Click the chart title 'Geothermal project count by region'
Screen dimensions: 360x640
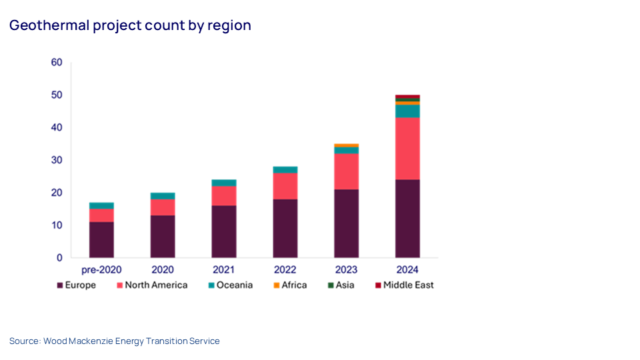coord(130,26)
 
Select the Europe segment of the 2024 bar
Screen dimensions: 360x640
coord(407,219)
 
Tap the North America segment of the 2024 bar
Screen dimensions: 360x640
coord(407,149)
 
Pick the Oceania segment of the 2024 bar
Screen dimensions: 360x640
coord(407,111)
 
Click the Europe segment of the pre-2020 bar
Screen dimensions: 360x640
coord(101,240)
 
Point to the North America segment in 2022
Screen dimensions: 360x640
coord(285,186)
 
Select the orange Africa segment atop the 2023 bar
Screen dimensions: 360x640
coord(346,145)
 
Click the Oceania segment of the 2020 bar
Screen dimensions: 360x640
coord(163,196)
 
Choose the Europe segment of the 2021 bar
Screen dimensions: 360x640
coord(224,231)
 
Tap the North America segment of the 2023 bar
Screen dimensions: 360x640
coord(346,172)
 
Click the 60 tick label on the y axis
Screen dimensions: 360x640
coord(57,63)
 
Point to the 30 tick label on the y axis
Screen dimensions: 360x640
coord(57,160)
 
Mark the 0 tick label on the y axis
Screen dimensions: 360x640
coord(59,258)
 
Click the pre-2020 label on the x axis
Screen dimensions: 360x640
coord(101,270)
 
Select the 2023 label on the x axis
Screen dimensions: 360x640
coord(346,270)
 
